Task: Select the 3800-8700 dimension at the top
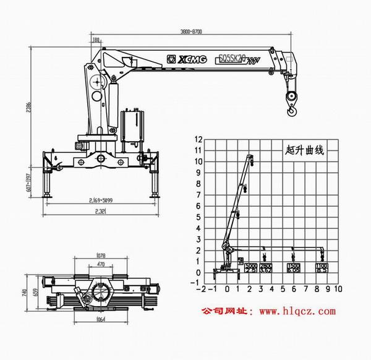(190, 31)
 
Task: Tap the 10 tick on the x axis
(338, 288)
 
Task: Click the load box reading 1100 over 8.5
(322, 268)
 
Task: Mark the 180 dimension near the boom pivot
(96, 40)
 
